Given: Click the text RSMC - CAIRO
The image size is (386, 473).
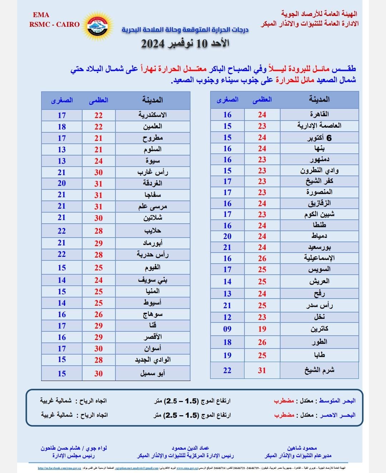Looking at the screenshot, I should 54,24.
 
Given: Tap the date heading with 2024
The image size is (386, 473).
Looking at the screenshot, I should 185,44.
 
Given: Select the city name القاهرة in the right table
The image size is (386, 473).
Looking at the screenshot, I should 319,115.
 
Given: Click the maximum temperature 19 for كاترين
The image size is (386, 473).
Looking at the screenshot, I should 262,329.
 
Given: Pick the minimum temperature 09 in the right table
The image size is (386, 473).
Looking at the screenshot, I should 227,329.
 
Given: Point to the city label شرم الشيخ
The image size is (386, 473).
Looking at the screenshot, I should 319,370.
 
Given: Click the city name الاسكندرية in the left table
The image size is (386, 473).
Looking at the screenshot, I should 153,115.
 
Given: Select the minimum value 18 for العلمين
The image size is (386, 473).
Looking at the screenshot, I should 62,127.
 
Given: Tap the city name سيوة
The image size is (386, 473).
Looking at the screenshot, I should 153,161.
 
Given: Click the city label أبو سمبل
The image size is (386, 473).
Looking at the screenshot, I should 153,373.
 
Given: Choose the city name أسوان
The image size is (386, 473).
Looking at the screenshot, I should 153,349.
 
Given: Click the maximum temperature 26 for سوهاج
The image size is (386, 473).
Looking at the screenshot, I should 98,314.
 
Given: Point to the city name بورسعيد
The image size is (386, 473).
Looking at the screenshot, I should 319,247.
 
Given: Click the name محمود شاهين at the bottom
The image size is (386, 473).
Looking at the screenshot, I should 302,448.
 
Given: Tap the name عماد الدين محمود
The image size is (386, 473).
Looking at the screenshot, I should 190,448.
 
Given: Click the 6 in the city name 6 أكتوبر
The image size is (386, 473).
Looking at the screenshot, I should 329,138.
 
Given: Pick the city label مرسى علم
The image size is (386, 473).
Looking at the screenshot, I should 153,207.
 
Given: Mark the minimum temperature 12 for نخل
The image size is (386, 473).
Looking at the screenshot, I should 227,317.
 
